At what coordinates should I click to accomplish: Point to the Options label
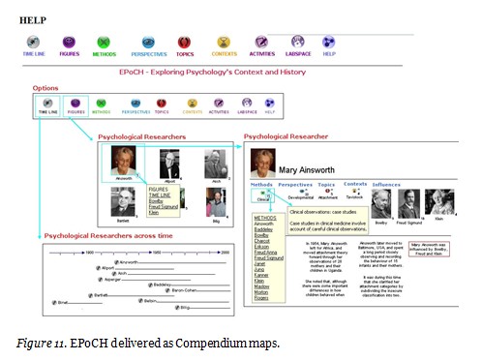pyautogui.click(x=45, y=88)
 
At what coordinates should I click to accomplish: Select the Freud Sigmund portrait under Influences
pyautogui.click(x=410, y=201)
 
